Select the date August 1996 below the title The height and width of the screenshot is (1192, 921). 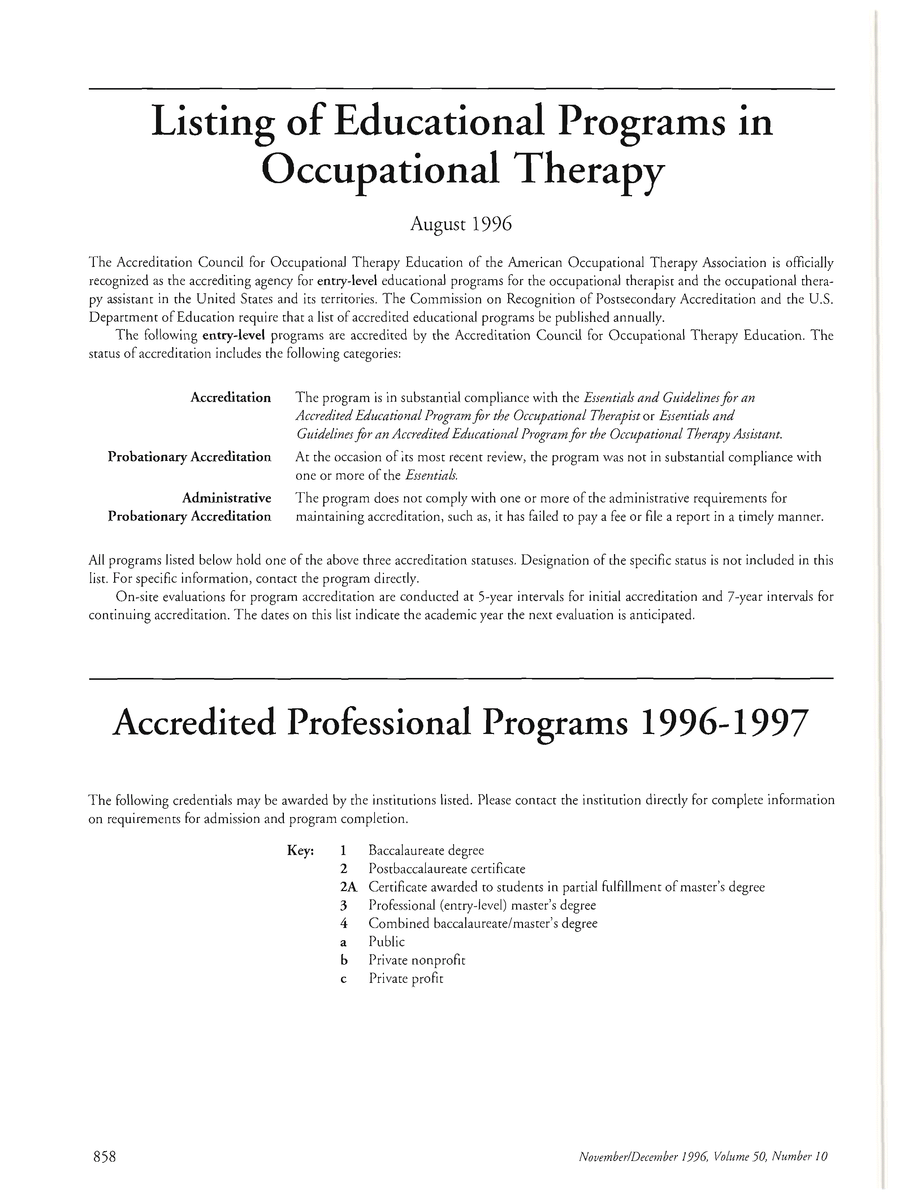(461, 224)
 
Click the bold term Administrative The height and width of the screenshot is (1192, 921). (226, 498)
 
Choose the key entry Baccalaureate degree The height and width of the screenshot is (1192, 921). (426, 850)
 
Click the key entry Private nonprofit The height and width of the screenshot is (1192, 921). (417, 960)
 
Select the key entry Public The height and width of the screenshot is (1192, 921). (386, 941)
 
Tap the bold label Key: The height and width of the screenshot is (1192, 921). (300, 850)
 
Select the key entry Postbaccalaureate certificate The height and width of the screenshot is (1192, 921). (447, 868)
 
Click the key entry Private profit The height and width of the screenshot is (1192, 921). (406, 978)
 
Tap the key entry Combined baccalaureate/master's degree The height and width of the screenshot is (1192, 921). (483, 924)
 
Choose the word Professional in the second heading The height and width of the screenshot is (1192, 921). (377, 724)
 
